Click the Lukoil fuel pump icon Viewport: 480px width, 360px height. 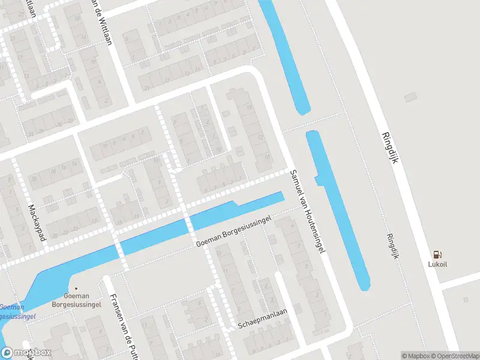click(x=437, y=254)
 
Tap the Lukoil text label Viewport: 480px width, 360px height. click(x=437, y=265)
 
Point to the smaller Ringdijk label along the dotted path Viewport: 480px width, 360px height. click(x=393, y=245)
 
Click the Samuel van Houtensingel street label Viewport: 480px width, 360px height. click(x=307, y=211)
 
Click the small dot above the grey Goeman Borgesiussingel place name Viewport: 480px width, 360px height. click(x=76, y=288)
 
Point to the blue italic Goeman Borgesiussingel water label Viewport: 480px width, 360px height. click(x=17, y=311)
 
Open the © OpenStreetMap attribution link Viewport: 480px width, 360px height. click(x=454, y=356)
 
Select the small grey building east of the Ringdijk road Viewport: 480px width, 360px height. click(x=410, y=96)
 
